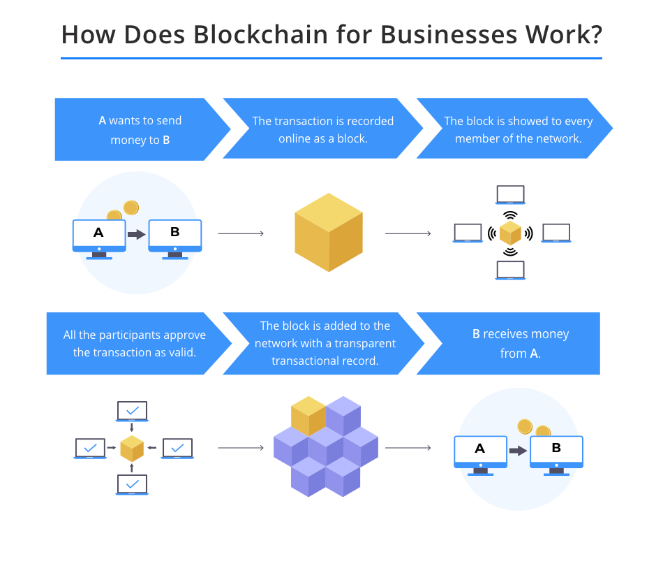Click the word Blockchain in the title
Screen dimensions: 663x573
coord(260,34)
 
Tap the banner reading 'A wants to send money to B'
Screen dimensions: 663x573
coord(140,129)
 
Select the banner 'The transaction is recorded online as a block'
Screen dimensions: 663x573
coord(323,129)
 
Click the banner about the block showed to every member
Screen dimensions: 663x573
coord(515,129)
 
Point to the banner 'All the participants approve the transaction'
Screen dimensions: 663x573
coord(135,344)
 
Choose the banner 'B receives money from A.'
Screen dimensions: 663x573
coord(512,344)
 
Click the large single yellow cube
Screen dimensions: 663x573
coord(329,233)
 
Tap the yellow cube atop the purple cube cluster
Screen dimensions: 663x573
coord(308,416)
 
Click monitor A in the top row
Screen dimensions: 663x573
coord(99,239)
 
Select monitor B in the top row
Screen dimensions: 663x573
coord(175,239)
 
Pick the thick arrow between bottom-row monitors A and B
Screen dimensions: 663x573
coord(518,451)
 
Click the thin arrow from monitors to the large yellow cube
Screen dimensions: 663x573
coord(241,233)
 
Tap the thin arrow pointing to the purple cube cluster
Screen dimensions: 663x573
coord(241,448)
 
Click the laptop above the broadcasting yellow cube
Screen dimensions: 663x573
coord(510,195)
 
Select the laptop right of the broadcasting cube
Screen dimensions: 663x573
coord(556,233)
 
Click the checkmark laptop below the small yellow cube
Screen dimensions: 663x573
coord(132,484)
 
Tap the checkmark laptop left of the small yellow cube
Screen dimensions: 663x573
coord(90,449)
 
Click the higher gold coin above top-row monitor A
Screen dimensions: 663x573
coord(131,208)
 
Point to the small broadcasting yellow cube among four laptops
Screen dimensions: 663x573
coord(510,233)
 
